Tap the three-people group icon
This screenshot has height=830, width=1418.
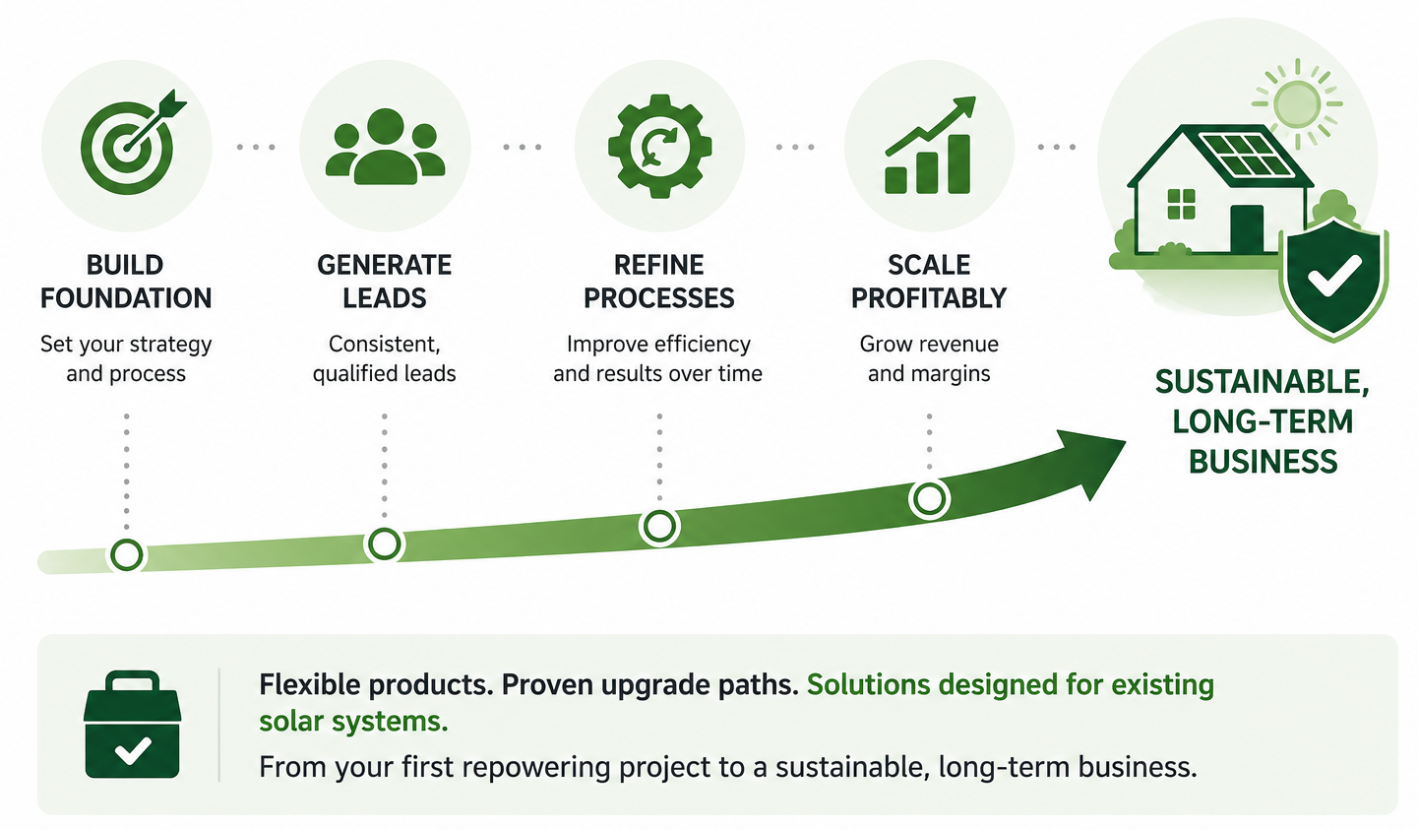pos(385,147)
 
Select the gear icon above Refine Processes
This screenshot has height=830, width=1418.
pos(659,147)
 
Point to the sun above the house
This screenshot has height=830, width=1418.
pos(1297,104)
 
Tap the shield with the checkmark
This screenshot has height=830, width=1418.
pos(1333,279)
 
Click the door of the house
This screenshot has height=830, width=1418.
pos(1247,229)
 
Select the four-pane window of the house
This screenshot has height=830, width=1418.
pos(1181,205)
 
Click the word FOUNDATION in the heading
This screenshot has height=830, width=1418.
pos(126,297)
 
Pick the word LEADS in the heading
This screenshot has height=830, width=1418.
pos(384,297)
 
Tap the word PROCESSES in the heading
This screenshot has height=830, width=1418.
pos(659,297)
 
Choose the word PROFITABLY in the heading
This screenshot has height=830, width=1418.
pos(929,297)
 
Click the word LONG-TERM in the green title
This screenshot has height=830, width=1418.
pos(1263,422)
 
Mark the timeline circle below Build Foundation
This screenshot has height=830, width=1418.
pos(127,555)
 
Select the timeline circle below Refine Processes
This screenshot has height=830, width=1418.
pos(659,526)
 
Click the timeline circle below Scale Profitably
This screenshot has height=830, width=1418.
pos(929,498)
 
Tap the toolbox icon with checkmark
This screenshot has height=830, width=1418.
pos(132,725)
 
